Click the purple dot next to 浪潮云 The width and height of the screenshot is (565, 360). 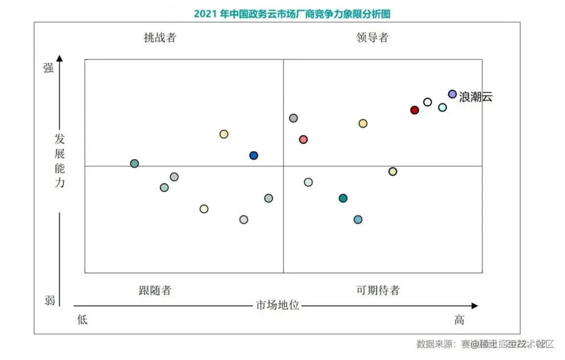[453, 94]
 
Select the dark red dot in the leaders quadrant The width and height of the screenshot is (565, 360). [414, 110]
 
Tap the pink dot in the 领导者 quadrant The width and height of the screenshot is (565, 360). [303, 139]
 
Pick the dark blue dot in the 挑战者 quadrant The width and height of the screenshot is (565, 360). [254, 155]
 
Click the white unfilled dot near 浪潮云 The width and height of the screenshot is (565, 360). [427, 102]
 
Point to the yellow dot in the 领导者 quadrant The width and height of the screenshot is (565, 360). [363, 123]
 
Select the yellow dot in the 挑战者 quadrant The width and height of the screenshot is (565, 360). [224, 134]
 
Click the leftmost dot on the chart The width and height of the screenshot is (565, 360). [134, 163]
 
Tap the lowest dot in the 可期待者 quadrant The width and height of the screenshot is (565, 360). [358, 219]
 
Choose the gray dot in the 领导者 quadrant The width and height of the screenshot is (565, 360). [293, 118]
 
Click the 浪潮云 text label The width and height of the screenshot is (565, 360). [476, 97]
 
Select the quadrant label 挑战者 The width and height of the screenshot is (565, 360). [160, 38]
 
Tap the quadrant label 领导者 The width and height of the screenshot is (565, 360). [372, 38]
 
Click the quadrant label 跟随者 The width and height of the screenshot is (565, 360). [155, 290]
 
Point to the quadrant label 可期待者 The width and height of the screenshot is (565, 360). [378, 290]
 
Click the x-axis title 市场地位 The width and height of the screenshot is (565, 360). [277, 305]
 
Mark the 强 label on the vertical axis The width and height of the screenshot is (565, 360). [49, 68]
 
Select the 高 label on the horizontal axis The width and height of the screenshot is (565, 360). [459, 319]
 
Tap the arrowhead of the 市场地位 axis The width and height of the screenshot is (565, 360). [474, 306]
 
